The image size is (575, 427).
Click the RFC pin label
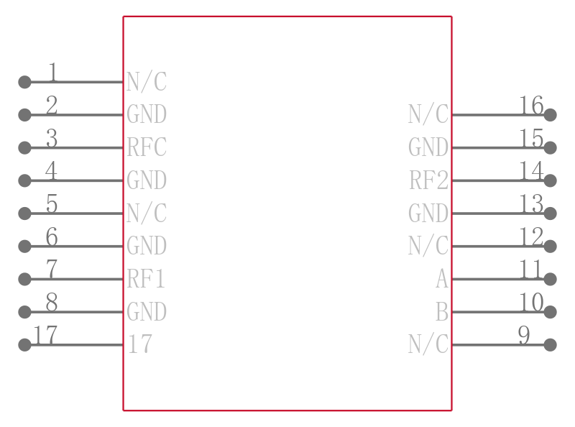pos(147,147)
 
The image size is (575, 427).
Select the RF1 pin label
pos(146,279)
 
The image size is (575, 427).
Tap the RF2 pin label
pos(428,180)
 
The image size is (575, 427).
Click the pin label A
pos(442,279)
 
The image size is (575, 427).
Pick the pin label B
pos(442,312)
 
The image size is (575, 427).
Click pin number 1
pos(53,72)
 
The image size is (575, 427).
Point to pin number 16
pos(531,105)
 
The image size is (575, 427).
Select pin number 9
pos(524,335)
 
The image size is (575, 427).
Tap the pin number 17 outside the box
pos(45,335)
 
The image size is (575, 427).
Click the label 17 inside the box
pos(140,344)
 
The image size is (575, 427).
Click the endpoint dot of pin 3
pos(24,147)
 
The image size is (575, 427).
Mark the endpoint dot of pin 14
pos(550,180)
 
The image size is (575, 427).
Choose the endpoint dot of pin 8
pos(24,312)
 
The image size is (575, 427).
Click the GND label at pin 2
pos(147,114)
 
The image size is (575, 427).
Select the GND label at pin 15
pos(428,147)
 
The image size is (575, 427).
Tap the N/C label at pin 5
pos(147,213)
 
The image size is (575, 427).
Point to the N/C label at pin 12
pos(428,245)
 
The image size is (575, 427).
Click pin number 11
pos(530,270)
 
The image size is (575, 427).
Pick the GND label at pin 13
pos(428,213)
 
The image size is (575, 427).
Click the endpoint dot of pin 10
pos(550,312)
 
